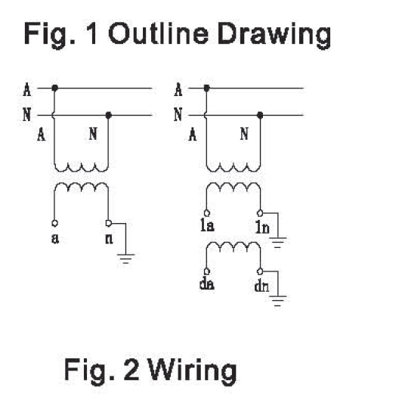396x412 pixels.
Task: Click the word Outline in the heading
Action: (x=159, y=33)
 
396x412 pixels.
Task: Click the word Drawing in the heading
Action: (x=274, y=36)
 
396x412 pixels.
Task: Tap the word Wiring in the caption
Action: (x=193, y=371)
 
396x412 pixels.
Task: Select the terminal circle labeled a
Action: (x=54, y=223)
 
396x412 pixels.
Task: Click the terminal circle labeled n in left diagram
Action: (x=108, y=223)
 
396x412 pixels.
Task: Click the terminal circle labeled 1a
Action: (x=206, y=212)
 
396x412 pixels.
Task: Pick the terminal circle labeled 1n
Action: (x=260, y=213)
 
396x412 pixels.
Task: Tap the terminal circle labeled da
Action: (x=206, y=271)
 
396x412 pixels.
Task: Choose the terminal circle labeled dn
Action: (x=260, y=271)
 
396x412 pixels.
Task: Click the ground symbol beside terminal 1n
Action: (x=278, y=242)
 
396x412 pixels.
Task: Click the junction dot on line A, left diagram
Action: (x=54, y=88)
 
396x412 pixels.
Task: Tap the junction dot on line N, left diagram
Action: (x=109, y=115)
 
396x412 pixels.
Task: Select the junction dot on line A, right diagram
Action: (x=206, y=88)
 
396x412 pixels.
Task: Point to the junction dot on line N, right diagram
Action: (x=260, y=115)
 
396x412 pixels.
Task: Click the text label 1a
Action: (x=207, y=225)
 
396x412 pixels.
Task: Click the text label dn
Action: (x=261, y=286)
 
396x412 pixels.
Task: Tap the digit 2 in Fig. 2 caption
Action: (x=131, y=369)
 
